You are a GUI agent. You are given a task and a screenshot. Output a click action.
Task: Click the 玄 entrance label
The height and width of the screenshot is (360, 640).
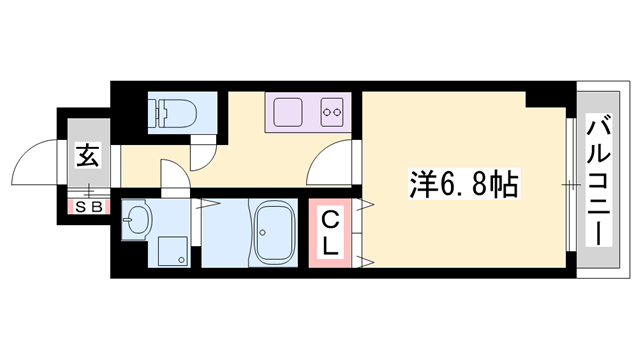click(88, 158)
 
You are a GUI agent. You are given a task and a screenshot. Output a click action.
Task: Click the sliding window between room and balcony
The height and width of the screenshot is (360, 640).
click(569, 185)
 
